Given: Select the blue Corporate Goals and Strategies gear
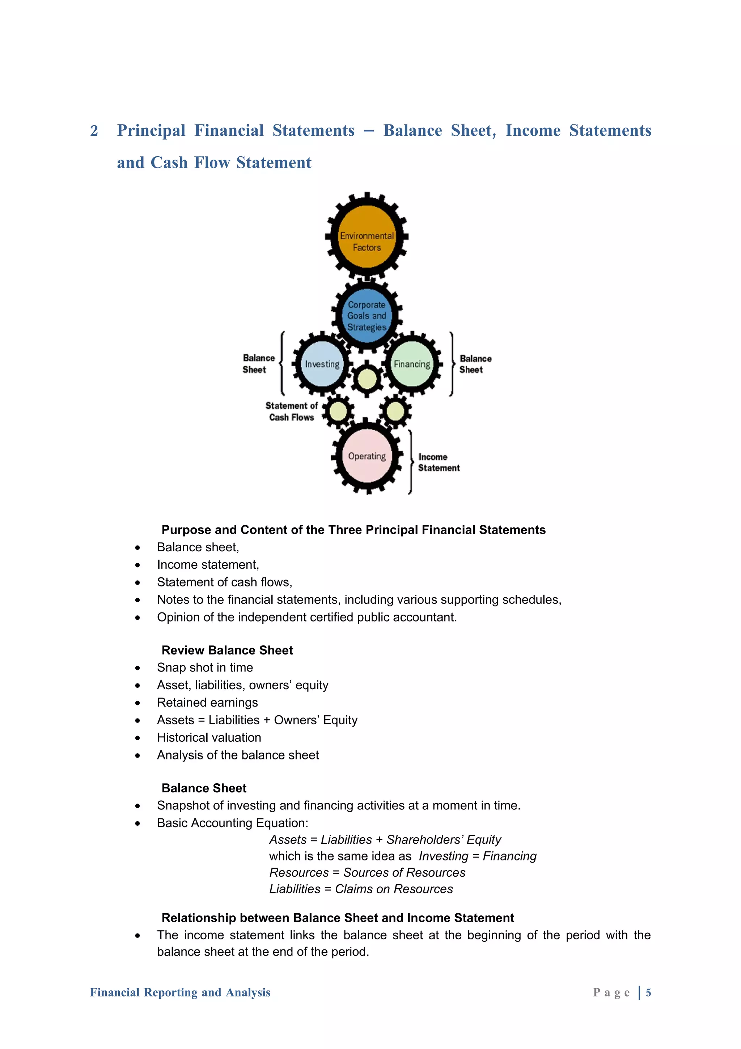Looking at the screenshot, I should pyautogui.click(x=367, y=315).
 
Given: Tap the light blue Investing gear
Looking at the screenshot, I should pyautogui.click(x=322, y=364).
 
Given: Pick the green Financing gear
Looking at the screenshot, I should pyautogui.click(x=412, y=364).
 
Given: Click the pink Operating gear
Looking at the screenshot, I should pyautogui.click(x=367, y=456).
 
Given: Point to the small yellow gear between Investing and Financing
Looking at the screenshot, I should pyautogui.click(x=367, y=379).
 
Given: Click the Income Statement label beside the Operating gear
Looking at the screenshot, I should pyautogui.click(x=438, y=462).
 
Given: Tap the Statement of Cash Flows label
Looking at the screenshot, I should pyautogui.click(x=291, y=411).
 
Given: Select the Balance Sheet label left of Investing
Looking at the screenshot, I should pyautogui.click(x=258, y=364).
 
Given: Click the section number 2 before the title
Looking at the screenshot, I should pyautogui.click(x=94, y=131).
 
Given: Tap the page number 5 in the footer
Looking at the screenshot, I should pyautogui.click(x=648, y=992).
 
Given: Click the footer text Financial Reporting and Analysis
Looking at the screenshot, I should pyautogui.click(x=180, y=992).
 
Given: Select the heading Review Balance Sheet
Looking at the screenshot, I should pyautogui.click(x=227, y=650).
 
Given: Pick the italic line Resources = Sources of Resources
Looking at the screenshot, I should pyautogui.click(x=367, y=873).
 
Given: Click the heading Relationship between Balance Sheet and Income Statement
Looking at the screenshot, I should pyautogui.click(x=338, y=918).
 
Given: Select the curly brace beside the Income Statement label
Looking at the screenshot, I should pyautogui.click(x=410, y=462).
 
